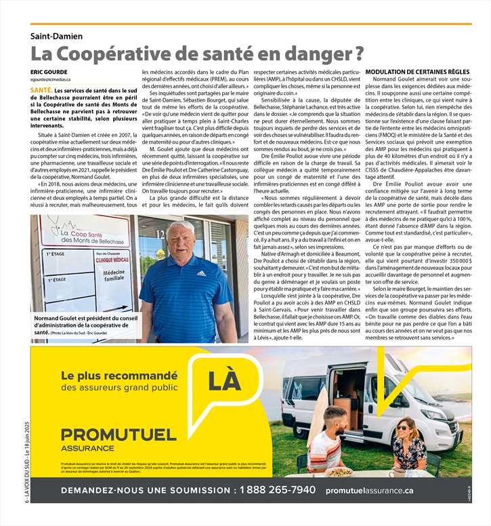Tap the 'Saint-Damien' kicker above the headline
click(x=56, y=35)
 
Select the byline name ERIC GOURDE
click(x=49, y=71)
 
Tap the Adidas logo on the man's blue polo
click(x=201, y=273)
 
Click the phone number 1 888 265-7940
click(x=277, y=490)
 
